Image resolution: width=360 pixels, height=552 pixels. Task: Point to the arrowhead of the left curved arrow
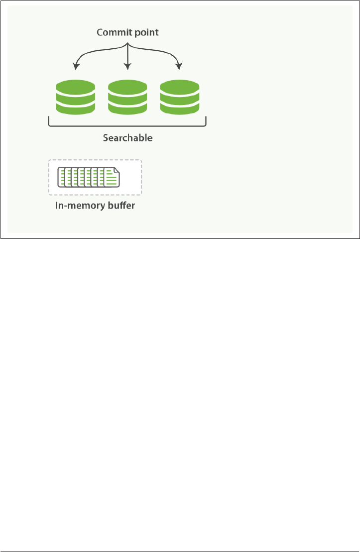click(x=76, y=66)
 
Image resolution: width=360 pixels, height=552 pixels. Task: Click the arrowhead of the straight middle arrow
click(x=128, y=67)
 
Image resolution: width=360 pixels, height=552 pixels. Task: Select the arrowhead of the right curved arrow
click(x=180, y=66)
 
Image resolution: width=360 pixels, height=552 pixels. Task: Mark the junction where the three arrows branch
click(x=128, y=45)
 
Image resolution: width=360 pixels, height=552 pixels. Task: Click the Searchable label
click(x=127, y=137)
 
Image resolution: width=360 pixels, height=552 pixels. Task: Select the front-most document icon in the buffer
click(x=112, y=178)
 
